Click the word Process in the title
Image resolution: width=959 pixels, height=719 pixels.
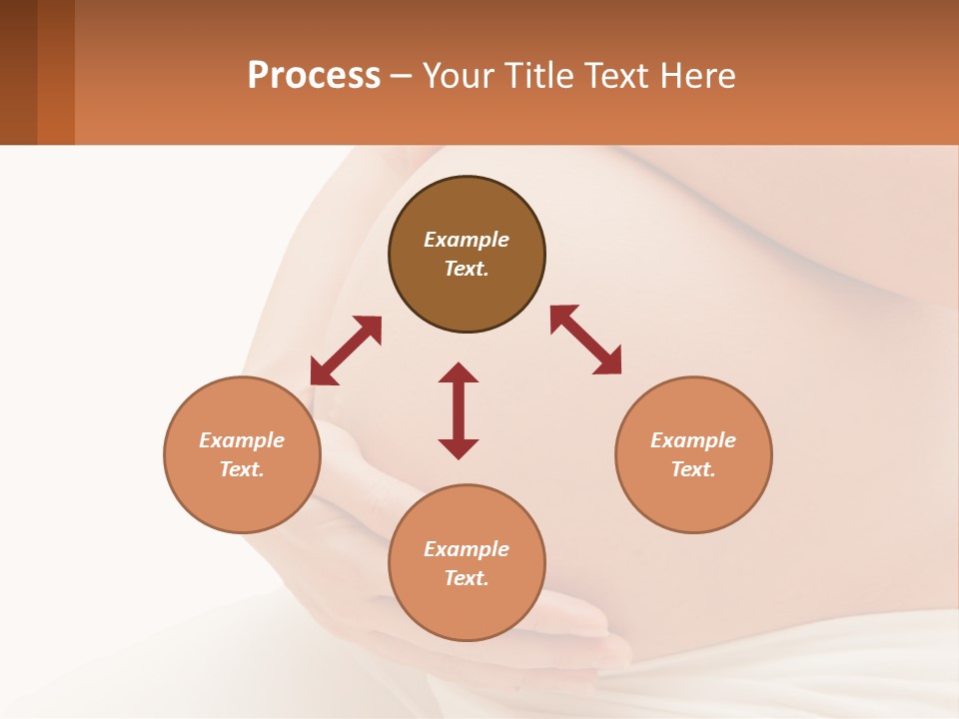[x=314, y=76]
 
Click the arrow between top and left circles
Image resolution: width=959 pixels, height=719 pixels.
[x=346, y=351]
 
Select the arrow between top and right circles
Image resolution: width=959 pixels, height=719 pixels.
[x=585, y=340]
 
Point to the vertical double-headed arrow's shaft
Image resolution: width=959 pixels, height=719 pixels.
[x=459, y=410]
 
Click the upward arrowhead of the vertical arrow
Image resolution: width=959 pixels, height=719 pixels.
[x=459, y=372]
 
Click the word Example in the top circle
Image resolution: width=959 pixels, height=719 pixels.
[x=467, y=240]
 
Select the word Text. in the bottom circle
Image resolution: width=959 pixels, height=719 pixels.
[x=467, y=578]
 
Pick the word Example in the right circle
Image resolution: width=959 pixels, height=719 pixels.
[x=693, y=440]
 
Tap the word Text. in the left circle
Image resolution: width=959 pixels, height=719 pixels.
[x=242, y=469]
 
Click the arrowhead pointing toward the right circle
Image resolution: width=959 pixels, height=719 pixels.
[x=607, y=361]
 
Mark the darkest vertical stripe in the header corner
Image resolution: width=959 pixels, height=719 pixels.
[x=18, y=72]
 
